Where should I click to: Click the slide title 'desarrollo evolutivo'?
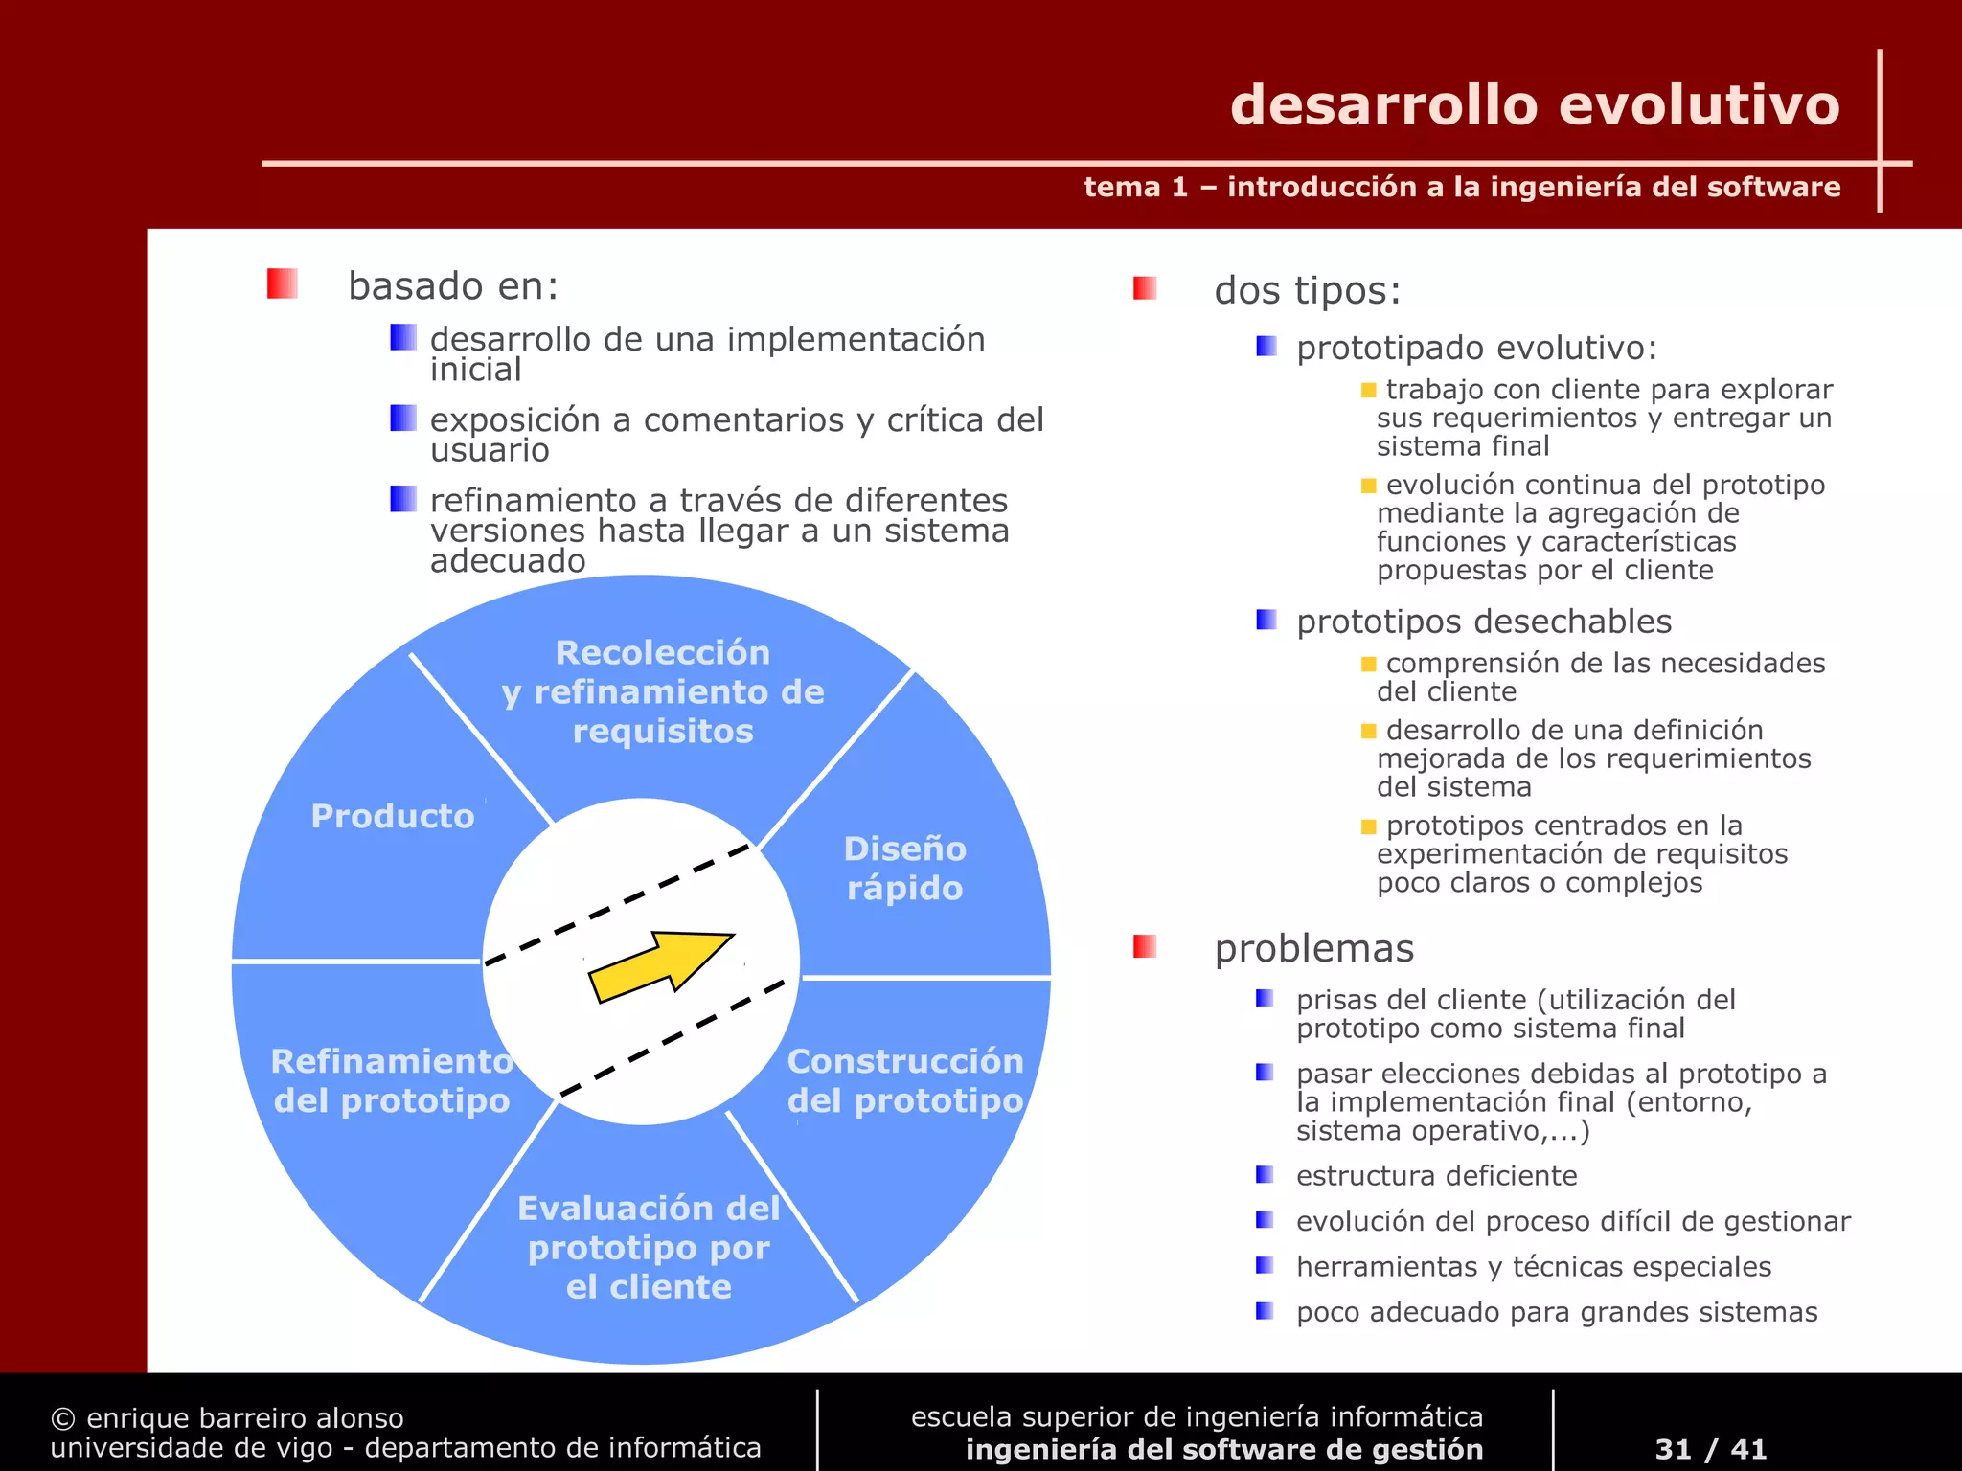pyautogui.click(x=1535, y=105)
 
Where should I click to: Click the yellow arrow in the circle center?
pyautogui.click(x=661, y=966)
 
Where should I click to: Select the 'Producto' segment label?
pyautogui.click(x=393, y=816)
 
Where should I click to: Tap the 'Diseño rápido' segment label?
pyautogui.click(x=904, y=868)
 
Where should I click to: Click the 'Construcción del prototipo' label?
pyautogui.click(x=905, y=1080)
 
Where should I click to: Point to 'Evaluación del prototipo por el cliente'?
pyautogui.click(x=649, y=1247)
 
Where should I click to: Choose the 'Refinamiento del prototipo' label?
pyautogui.click(x=392, y=1080)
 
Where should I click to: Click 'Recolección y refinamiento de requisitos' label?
pyautogui.click(x=663, y=691)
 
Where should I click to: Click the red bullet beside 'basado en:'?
pyautogui.click(x=282, y=284)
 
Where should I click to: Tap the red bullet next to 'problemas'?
pyautogui.click(x=1145, y=947)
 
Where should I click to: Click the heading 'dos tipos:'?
pyautogui.click(x=1308, y=290)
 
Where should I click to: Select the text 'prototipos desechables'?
pyautogui.click(x=1484, y=622)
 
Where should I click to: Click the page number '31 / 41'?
pyautogui.click(x=1711, y=1448)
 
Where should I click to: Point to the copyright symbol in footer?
pyautogui.click(x=63, y=1418)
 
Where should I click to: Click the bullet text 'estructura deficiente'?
pyautogui.click(x=1436, y=1176)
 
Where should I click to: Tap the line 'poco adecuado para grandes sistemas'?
pyautogui.click(x=1557, y=1312)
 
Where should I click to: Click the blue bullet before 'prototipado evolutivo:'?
pyautogui.click(x=1266, y=346)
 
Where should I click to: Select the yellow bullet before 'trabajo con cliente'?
pyautogui.click(x=1368, y=390)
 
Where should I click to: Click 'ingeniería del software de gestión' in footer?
pyautogui.click(x=1224, y=1449)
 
